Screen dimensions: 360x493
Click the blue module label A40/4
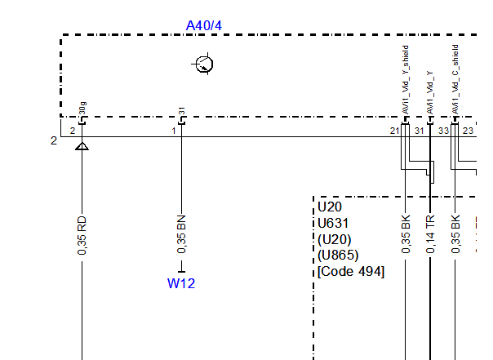204,26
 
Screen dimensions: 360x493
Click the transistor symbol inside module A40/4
204,64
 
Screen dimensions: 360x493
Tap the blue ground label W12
181,284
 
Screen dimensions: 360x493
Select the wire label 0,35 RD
82,235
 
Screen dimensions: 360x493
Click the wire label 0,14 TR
430,234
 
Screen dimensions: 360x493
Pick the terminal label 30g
82,109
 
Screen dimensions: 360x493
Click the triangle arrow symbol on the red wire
82,146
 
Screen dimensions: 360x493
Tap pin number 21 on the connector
395,131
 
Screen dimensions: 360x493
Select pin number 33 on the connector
443,131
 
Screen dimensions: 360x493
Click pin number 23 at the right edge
469,131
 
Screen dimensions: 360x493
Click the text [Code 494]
350,271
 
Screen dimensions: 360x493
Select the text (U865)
337,255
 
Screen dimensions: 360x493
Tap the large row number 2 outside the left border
54,140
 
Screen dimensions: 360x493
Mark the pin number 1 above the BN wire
173,131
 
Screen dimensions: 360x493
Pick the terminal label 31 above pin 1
182,111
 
